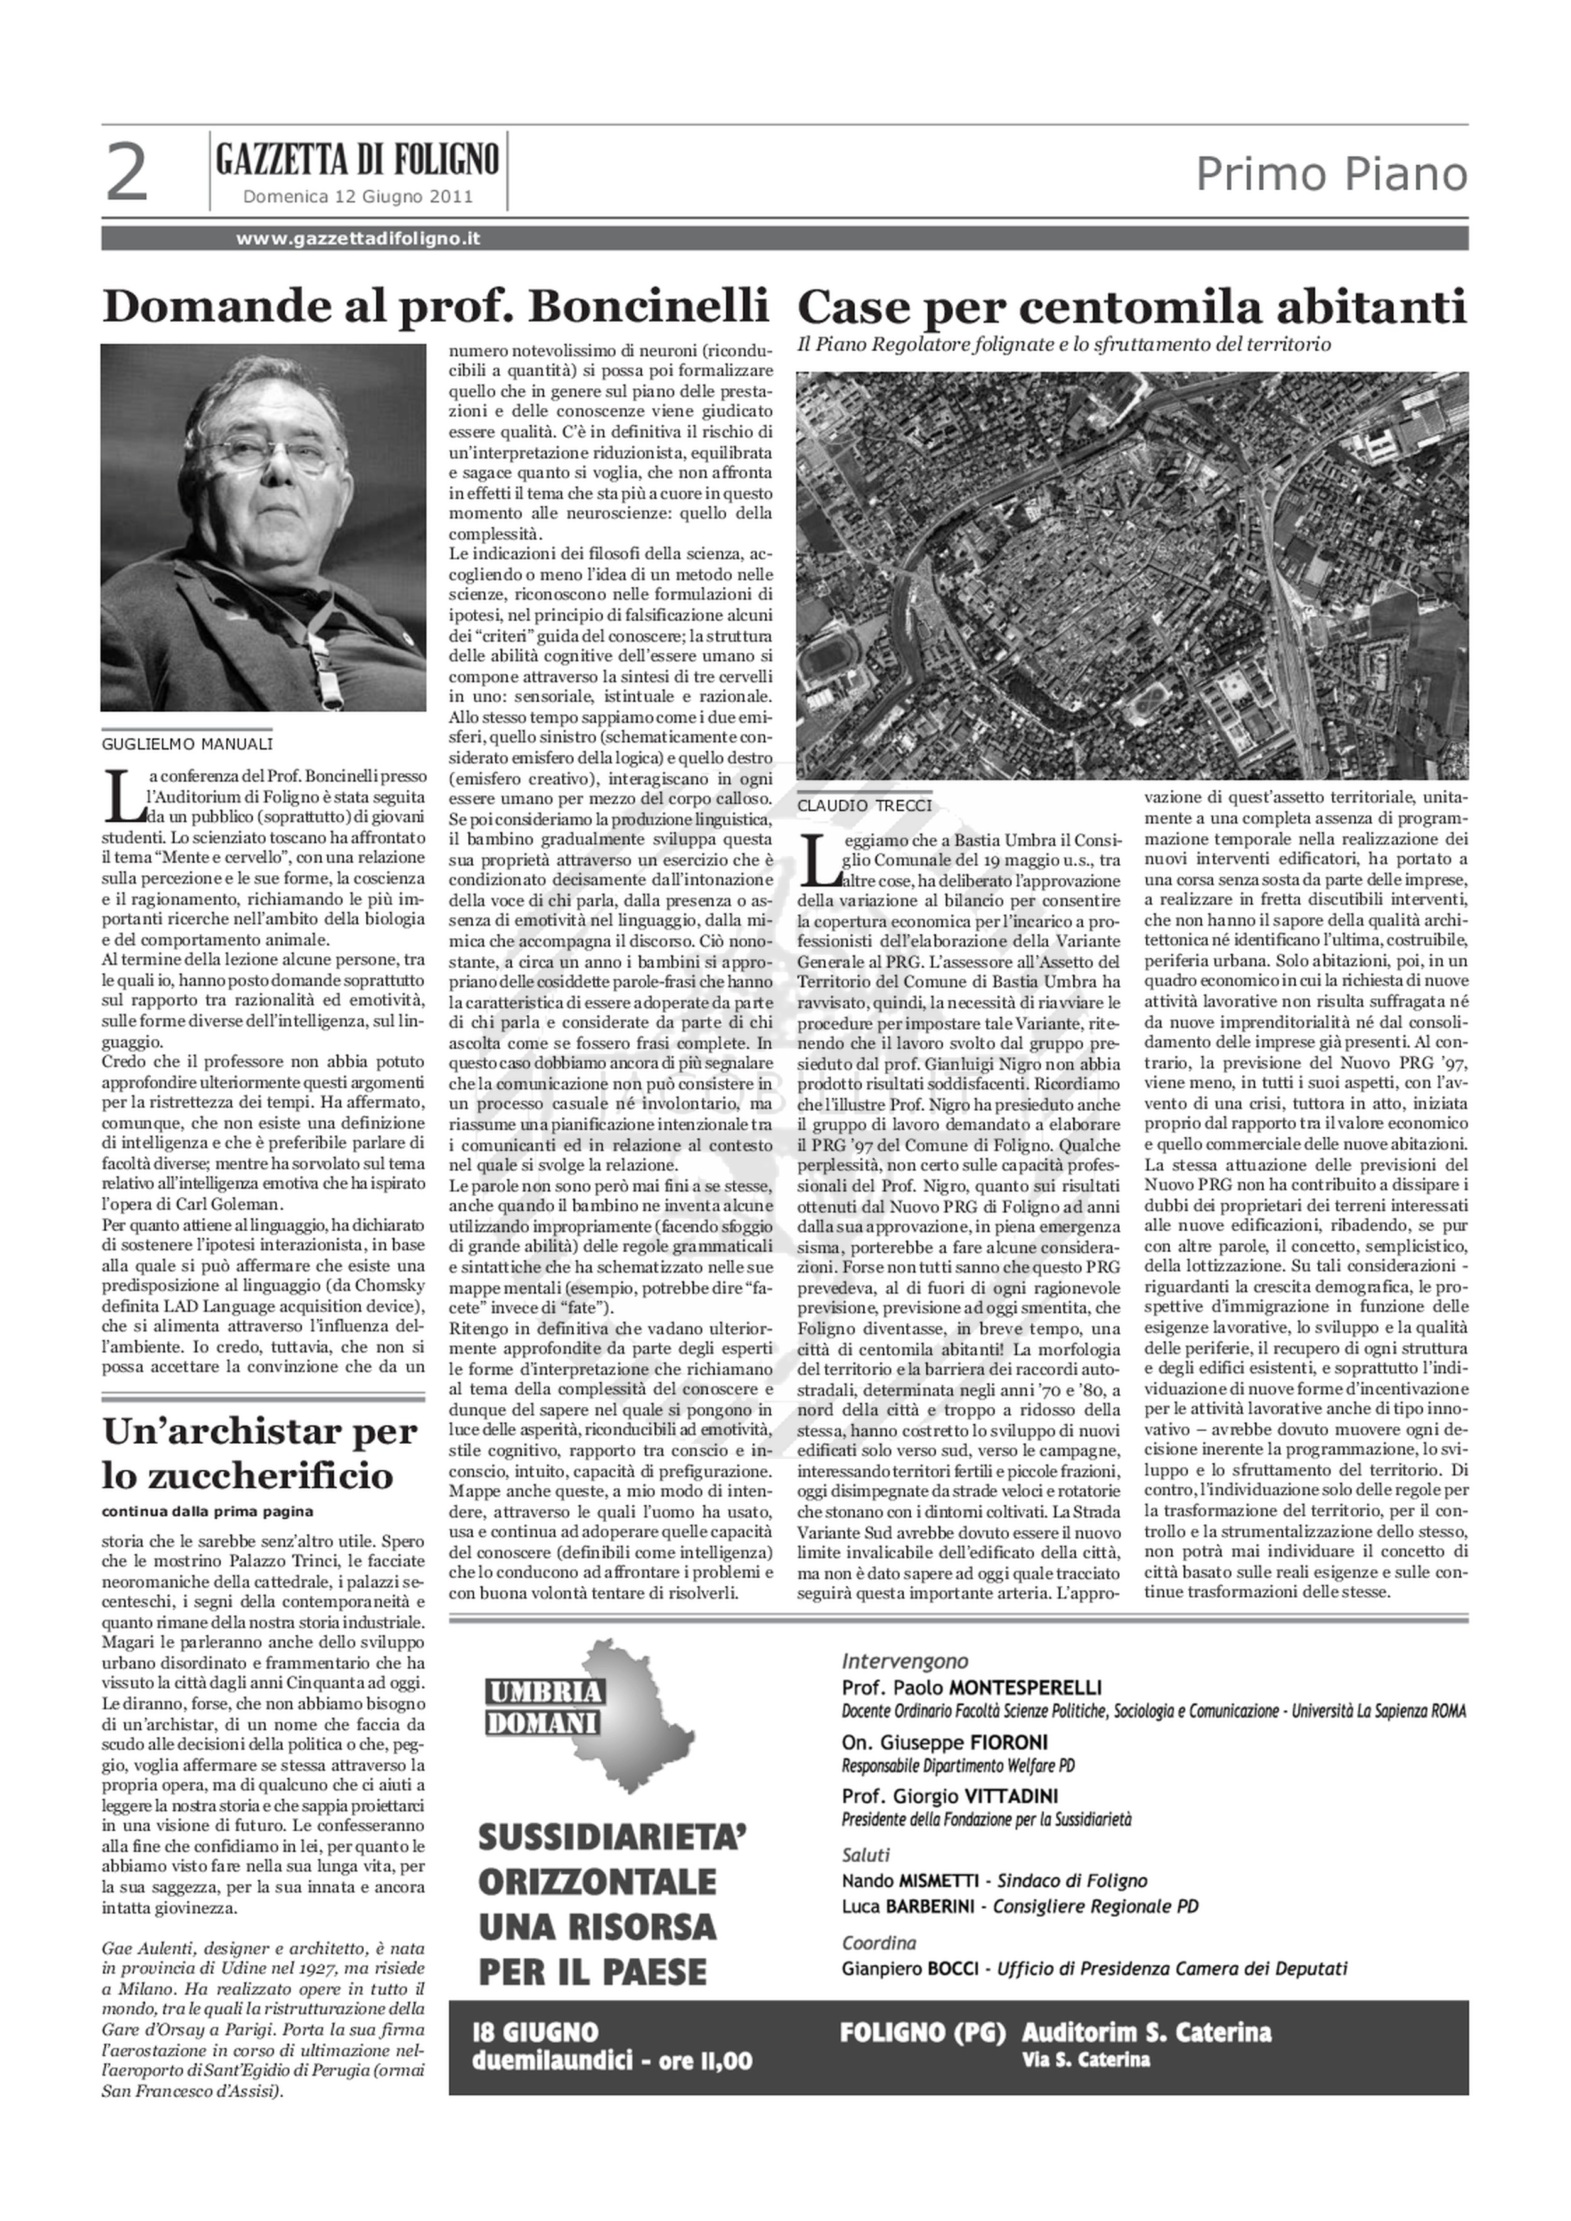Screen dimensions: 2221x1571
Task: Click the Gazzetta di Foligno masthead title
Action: pyautogui.click(x=358, y=158)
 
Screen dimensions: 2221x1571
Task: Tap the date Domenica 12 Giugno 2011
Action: pyautogui.click(x=358, y=197)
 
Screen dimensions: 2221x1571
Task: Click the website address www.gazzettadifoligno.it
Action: pyautogui.click(x=358, y=239)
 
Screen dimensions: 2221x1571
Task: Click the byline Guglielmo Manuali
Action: pyautogui.click(x=188, y=744)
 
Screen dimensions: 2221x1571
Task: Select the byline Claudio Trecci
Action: pyautogui.click(x=865, y=806)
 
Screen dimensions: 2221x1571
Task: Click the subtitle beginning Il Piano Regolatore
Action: pyautogui.click(x=1064, y=344)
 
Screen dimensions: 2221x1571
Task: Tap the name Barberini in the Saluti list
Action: pyautogui.click(x=929, y=1907)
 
